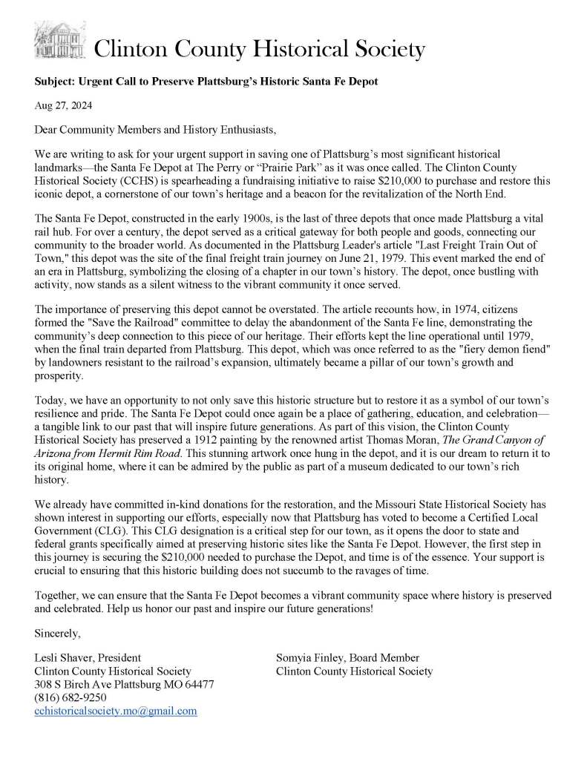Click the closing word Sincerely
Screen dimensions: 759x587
(x=58, y=633)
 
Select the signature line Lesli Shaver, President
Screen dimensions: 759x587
(x=88, y=657)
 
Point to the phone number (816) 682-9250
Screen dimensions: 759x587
(x=70, y=697)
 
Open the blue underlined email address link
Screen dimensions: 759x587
(x=116, y=711)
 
